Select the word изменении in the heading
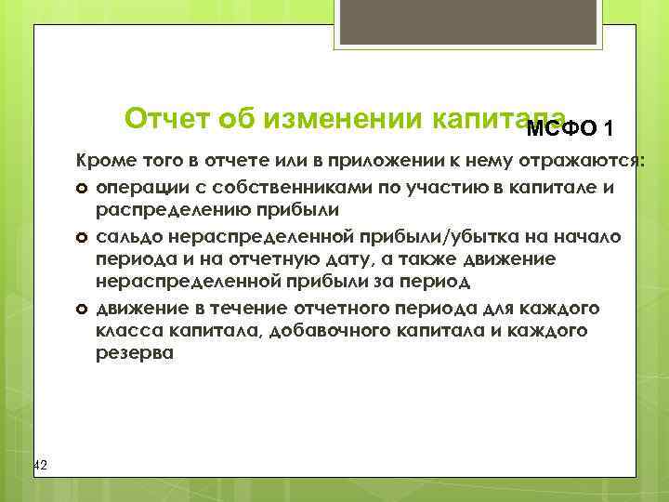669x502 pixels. (x=344, y=119)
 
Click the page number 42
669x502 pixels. (x=40, y=464)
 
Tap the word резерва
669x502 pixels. (x=133, y=354)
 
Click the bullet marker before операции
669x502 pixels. (x=82, y=186)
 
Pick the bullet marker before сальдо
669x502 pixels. (x=82, y=234)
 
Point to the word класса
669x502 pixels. (x=125, y=330)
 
